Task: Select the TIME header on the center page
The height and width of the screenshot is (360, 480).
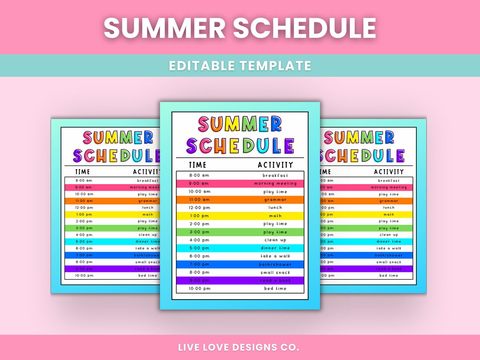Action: click(198, 165)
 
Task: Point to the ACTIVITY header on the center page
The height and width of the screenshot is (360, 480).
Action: click(276, 165)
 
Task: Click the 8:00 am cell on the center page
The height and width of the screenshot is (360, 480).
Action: click(199, 176)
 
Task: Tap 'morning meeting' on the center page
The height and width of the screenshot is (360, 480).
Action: click(275, 184)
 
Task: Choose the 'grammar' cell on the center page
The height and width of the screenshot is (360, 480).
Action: click(275, 200)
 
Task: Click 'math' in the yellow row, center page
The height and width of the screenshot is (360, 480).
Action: click(275, 216)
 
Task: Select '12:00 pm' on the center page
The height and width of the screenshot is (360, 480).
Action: click(199, 208)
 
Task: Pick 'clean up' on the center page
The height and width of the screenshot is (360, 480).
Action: click(275, 240)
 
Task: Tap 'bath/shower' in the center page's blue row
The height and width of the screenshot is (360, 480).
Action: click(275, 264)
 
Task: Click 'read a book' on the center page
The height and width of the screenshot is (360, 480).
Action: click(275, 280)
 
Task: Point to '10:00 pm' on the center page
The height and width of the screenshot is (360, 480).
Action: click(200, 288)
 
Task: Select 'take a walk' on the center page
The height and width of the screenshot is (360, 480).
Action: click(275, 256)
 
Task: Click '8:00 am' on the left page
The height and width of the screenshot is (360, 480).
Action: click(84, 180)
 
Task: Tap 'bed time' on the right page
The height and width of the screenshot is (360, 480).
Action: click(389, 276)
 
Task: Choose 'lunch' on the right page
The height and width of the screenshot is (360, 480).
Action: click(389, 208)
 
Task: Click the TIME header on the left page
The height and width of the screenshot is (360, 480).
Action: click(83, 172)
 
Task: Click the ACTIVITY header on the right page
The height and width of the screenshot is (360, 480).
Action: click(389, 172)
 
